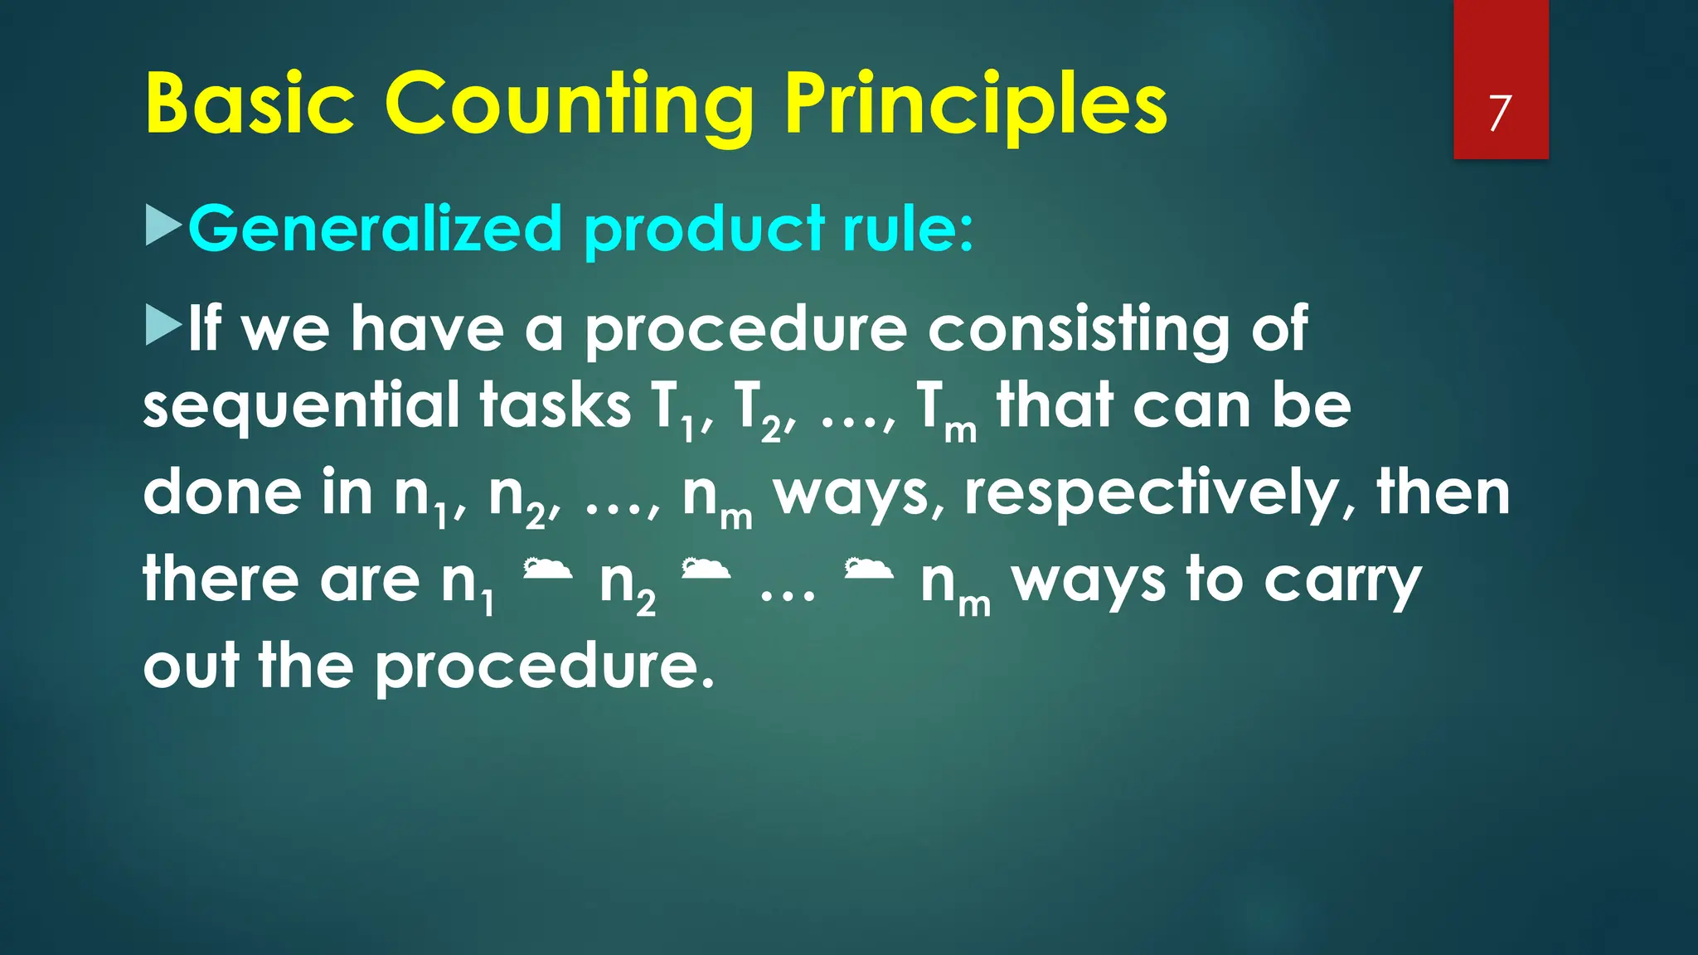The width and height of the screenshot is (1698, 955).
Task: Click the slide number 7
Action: pos(1499,114)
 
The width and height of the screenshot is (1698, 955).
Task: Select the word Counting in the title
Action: pos(569,105)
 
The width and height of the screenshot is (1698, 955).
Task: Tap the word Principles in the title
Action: pos(976,105)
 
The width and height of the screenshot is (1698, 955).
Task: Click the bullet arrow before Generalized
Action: pos(163,225)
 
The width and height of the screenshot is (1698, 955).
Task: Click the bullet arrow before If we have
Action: pos(163,325)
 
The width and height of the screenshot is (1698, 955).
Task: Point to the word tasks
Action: pos(555,407)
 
